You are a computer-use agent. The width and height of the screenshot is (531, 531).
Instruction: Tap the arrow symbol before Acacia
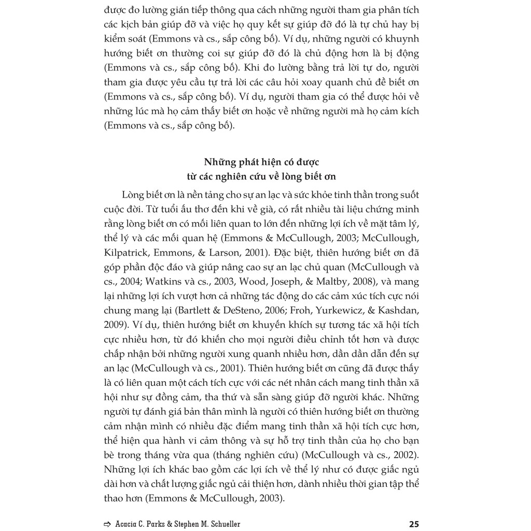[107, 524]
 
